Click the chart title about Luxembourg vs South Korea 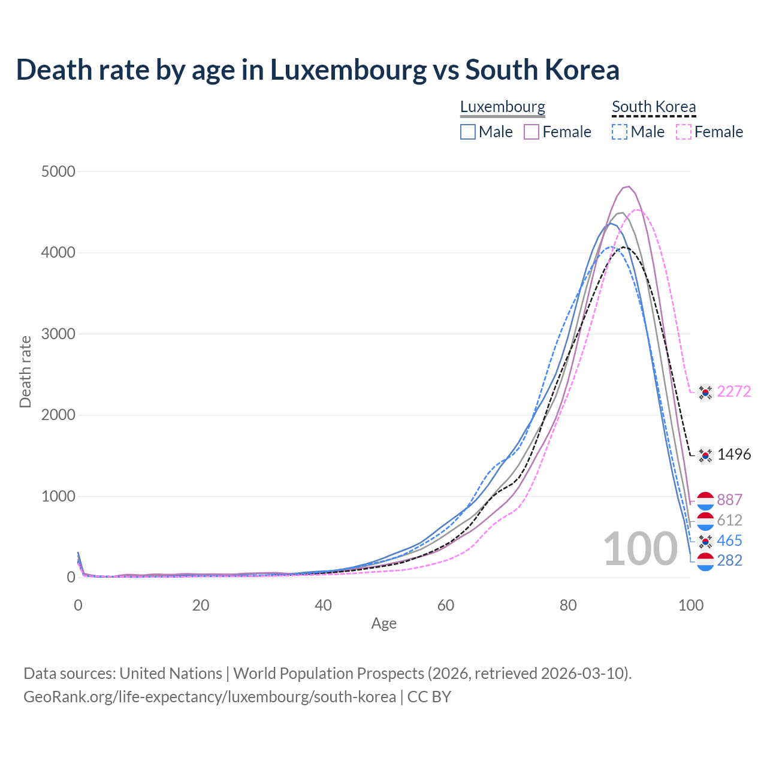318,70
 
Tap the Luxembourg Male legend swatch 468,132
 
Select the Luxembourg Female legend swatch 532,132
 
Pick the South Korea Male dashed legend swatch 620,132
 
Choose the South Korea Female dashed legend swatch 684,132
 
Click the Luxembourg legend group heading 503,107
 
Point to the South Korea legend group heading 654,107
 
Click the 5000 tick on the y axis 58,172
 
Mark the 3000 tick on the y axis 58,334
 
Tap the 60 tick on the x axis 446,605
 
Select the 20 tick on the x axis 201,605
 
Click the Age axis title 384,624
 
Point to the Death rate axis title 25,372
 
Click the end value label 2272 733,392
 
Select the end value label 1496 733,455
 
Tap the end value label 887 729,500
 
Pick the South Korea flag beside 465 706,541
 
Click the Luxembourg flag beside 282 706,561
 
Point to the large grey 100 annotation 640,549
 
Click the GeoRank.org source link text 210,697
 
